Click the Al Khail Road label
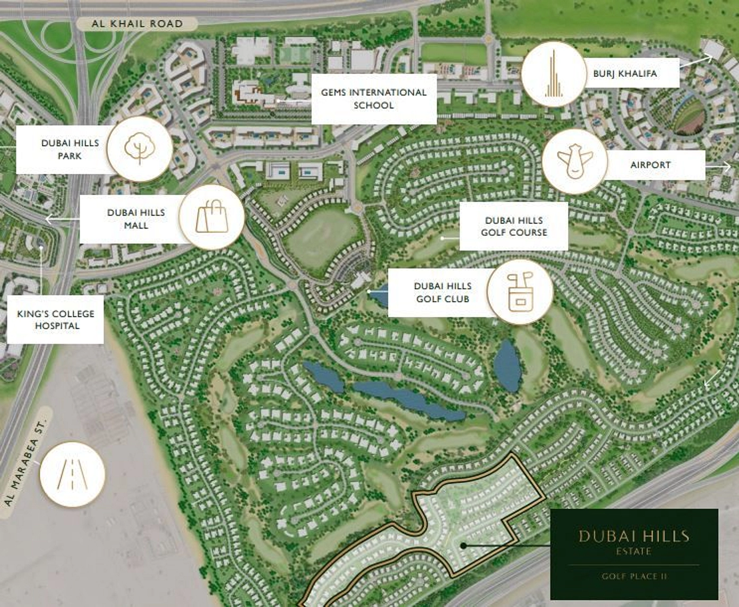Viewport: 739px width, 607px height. click(137, 24)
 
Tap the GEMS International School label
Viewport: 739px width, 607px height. click(374, 99)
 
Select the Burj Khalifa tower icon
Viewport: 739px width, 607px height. click(553, 74)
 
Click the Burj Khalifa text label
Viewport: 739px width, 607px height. click(625, 74)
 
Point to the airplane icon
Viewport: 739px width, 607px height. click(574, 161)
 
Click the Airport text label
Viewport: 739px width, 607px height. click(650, 165)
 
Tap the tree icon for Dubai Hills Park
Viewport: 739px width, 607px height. click(140, 148)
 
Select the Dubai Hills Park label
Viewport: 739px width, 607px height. click(70, 149)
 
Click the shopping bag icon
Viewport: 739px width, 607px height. click(212, 217)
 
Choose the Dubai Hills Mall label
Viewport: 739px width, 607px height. click(136, 218)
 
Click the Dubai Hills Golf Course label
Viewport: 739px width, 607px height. click(513, 226)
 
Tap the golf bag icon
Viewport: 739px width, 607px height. click(520, 292)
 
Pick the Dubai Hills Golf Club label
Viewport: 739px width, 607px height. click(442, 292)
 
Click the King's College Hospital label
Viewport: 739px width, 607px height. click(56, 320)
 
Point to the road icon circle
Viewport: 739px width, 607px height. click(72, 474)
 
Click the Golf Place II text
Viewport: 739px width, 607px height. click(634, 576)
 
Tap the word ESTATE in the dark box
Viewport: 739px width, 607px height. click(634, 552)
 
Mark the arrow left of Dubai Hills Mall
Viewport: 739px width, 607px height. click(55, 218)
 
